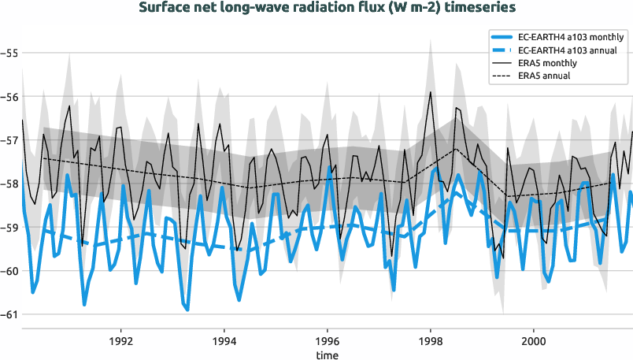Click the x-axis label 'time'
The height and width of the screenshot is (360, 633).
[328, 355]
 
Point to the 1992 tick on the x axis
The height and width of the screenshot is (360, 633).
[120, 343]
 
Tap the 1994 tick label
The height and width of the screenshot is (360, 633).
[224, 343]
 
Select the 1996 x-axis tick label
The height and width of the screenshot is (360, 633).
[328, 343]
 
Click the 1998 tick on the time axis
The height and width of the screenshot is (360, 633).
[431, 343]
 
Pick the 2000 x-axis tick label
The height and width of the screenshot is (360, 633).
[534, 343]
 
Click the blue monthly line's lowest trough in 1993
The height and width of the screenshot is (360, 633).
[187, 310]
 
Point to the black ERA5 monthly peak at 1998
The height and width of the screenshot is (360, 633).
[430, 92]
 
